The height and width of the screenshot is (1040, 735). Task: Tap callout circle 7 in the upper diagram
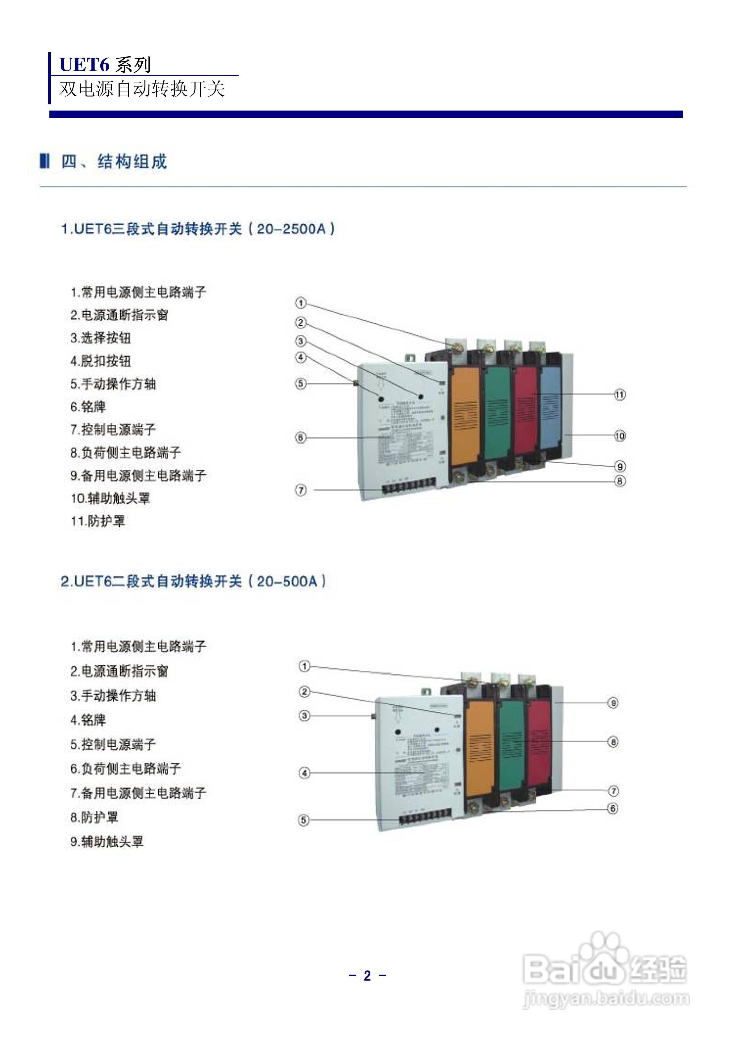pyautogui.click(x=301, y=490)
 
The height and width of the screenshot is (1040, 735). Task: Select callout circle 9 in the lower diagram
pyautogui.click(x=613, y=703)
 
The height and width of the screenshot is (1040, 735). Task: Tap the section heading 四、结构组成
pyautogui.click(x=114, y=162)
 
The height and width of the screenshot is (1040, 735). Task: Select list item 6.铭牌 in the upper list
pyautogui.click(x=88, y=407)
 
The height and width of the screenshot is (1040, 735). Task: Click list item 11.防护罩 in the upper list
pyautogui.click(x=98, y=521)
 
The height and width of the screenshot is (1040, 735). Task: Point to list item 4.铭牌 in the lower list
pyautogui.click(x=88, y=720)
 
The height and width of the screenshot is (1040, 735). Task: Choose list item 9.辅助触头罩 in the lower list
pyautogui.click(x=107, y=841)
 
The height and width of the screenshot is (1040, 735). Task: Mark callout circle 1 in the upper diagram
pyautogui.click(x=301, y=303)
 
